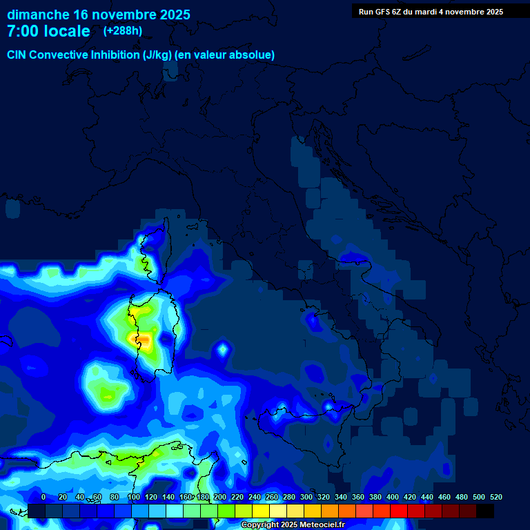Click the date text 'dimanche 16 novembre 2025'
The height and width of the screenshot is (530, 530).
tap(99, 14)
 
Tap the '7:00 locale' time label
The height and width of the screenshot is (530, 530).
tap(48, 31)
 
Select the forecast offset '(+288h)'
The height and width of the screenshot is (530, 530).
tap(123, 31)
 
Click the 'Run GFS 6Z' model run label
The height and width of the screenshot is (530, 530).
tap(380, 12)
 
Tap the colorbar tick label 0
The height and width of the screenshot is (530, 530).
tap(43, 497)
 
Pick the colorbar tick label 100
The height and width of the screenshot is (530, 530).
tap(134, 497)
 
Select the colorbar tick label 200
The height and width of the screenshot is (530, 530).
tap(220, 497)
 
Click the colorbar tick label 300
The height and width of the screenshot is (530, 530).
tap(306, 497)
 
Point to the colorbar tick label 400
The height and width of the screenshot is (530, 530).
tap(393, 497)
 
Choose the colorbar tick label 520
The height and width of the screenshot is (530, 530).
tap(496, 497)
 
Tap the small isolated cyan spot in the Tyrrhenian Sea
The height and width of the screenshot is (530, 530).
tap(222, 349)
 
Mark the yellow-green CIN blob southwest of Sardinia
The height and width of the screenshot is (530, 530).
tap(108, 394)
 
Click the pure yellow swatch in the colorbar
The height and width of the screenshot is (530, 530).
tap(261, 511)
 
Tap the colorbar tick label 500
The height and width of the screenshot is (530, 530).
tap(479, 497)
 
